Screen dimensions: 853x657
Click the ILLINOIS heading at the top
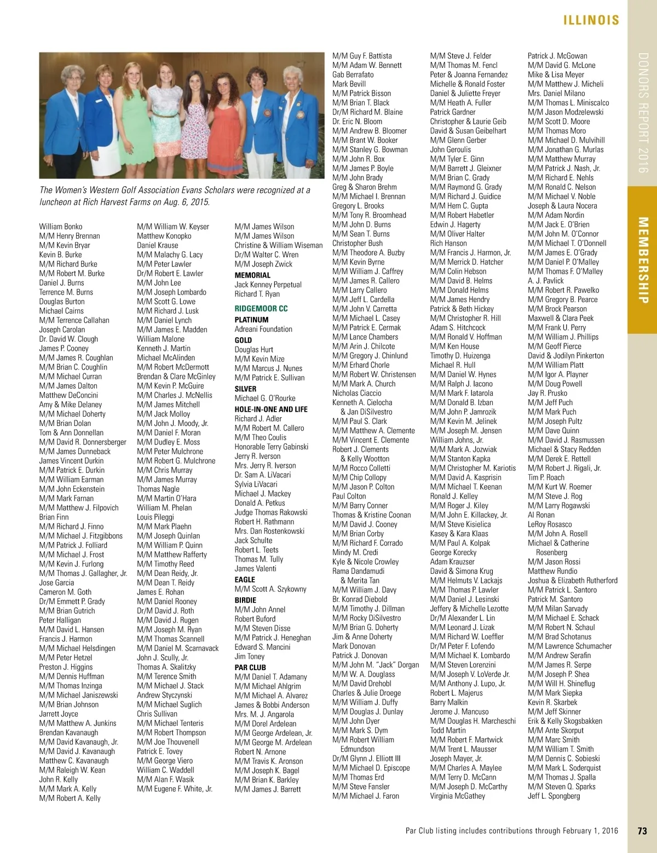(x=591, y=20)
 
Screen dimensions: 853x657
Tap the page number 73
(x=642, y=831)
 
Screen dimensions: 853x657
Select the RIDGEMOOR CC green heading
(x=261, y=308)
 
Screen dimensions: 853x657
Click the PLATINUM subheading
(x=251, y=320)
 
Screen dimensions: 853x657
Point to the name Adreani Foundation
(x=263, y=329)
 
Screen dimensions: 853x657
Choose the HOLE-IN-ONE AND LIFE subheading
(x=271, y=409)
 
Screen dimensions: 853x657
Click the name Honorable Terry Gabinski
(x=272, y=447)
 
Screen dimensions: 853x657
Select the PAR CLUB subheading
(x=250, y=667)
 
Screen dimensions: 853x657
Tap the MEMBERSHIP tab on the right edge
(x=643, y=260)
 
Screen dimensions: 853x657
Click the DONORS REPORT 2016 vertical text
(x=643, y=113)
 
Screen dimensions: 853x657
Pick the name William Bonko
(x=61, y=227)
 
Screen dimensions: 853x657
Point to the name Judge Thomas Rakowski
(x=271, y=512)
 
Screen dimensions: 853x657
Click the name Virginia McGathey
(x=457, y=796)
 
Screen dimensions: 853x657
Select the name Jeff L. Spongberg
(x=554, y=796)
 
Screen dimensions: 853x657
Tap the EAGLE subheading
(x=245, y=579)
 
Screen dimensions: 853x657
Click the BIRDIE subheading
(x=245, y=600)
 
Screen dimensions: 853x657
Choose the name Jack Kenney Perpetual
(x=268, y=285)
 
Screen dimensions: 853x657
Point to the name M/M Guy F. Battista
(x=362, y=56)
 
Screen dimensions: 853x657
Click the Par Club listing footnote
(x=511, y=831)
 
